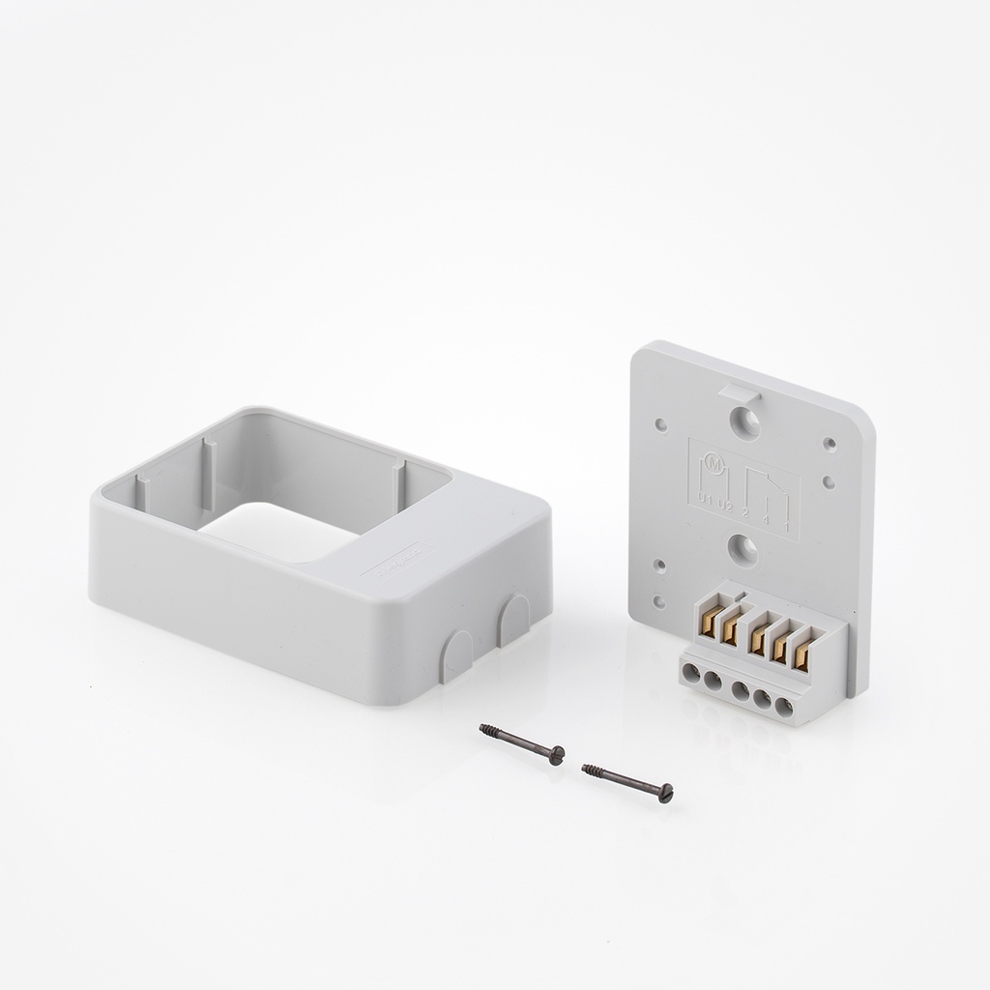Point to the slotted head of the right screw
click(x=665, y=796)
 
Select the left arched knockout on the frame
click(x=455, y=655)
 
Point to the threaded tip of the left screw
click(x=486, y=731)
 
